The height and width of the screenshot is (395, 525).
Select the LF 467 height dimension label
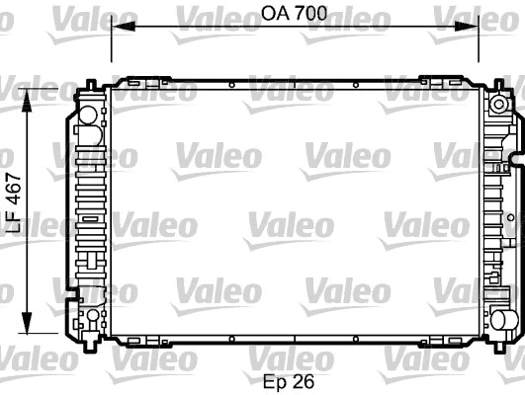click(13, 202)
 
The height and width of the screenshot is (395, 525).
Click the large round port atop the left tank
click(87, 113)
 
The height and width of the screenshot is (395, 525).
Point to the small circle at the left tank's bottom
click(92, 315)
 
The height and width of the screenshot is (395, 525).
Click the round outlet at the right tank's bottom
click(502, 318)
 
